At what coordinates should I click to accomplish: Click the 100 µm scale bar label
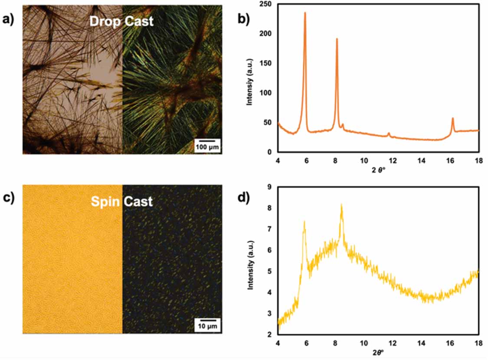click(x=207, y=147)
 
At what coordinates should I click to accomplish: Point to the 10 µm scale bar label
click(x=207, y=327)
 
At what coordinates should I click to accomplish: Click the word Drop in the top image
click(x=104, y=21)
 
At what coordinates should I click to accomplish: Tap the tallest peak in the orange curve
click(x=305, y=13)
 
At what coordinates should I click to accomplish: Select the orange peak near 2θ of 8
click(x=337, y=39)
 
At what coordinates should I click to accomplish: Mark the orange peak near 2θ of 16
click(x=452, y=118)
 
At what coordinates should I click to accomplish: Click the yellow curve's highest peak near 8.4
click(x=341, y=205)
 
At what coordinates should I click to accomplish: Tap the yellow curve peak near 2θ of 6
click(x=305, y=222)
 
